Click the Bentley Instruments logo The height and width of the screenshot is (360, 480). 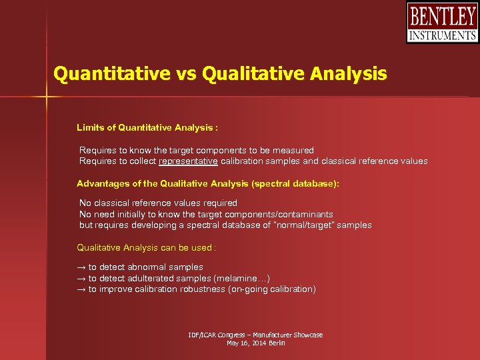coord(442,23)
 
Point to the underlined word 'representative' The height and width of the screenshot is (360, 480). coord(188,161)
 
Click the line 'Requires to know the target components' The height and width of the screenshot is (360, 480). coord(196,150)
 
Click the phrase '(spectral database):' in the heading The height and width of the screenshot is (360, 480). coord(299,183)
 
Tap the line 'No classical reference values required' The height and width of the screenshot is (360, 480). coord(158,203)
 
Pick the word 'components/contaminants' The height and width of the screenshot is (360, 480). coord(280,214)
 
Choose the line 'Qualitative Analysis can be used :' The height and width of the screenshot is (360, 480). coord(146,247)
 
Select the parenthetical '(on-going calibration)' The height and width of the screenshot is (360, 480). coord(272,289)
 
